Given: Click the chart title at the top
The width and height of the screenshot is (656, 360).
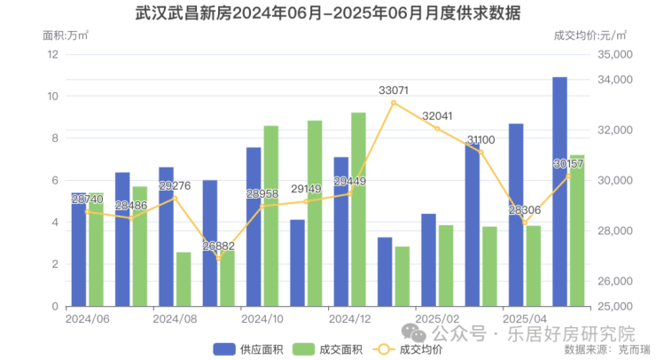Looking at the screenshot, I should pos(328,14).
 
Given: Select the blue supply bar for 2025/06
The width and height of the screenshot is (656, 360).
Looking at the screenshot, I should pos(559,192).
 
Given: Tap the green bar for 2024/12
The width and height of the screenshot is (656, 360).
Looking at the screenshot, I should pos(358,209).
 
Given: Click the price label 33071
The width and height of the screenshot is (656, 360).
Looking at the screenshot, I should pos(394,90).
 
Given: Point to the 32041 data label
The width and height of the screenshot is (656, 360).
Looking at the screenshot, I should pos(437,116).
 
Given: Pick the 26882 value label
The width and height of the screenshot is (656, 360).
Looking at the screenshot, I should pos(219,247).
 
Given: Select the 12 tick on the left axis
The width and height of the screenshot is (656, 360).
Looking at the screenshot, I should pos(52,54).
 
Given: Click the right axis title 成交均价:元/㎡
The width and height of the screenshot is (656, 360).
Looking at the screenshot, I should pos(589,36).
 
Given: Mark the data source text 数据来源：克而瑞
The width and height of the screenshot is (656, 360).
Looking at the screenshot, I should pos(607,349).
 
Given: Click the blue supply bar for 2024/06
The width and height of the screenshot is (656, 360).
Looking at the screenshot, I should pos(79,249).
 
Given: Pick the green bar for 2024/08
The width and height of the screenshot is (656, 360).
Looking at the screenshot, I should pos(184,279).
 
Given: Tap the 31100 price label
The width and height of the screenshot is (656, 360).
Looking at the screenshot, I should pos(480,141).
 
